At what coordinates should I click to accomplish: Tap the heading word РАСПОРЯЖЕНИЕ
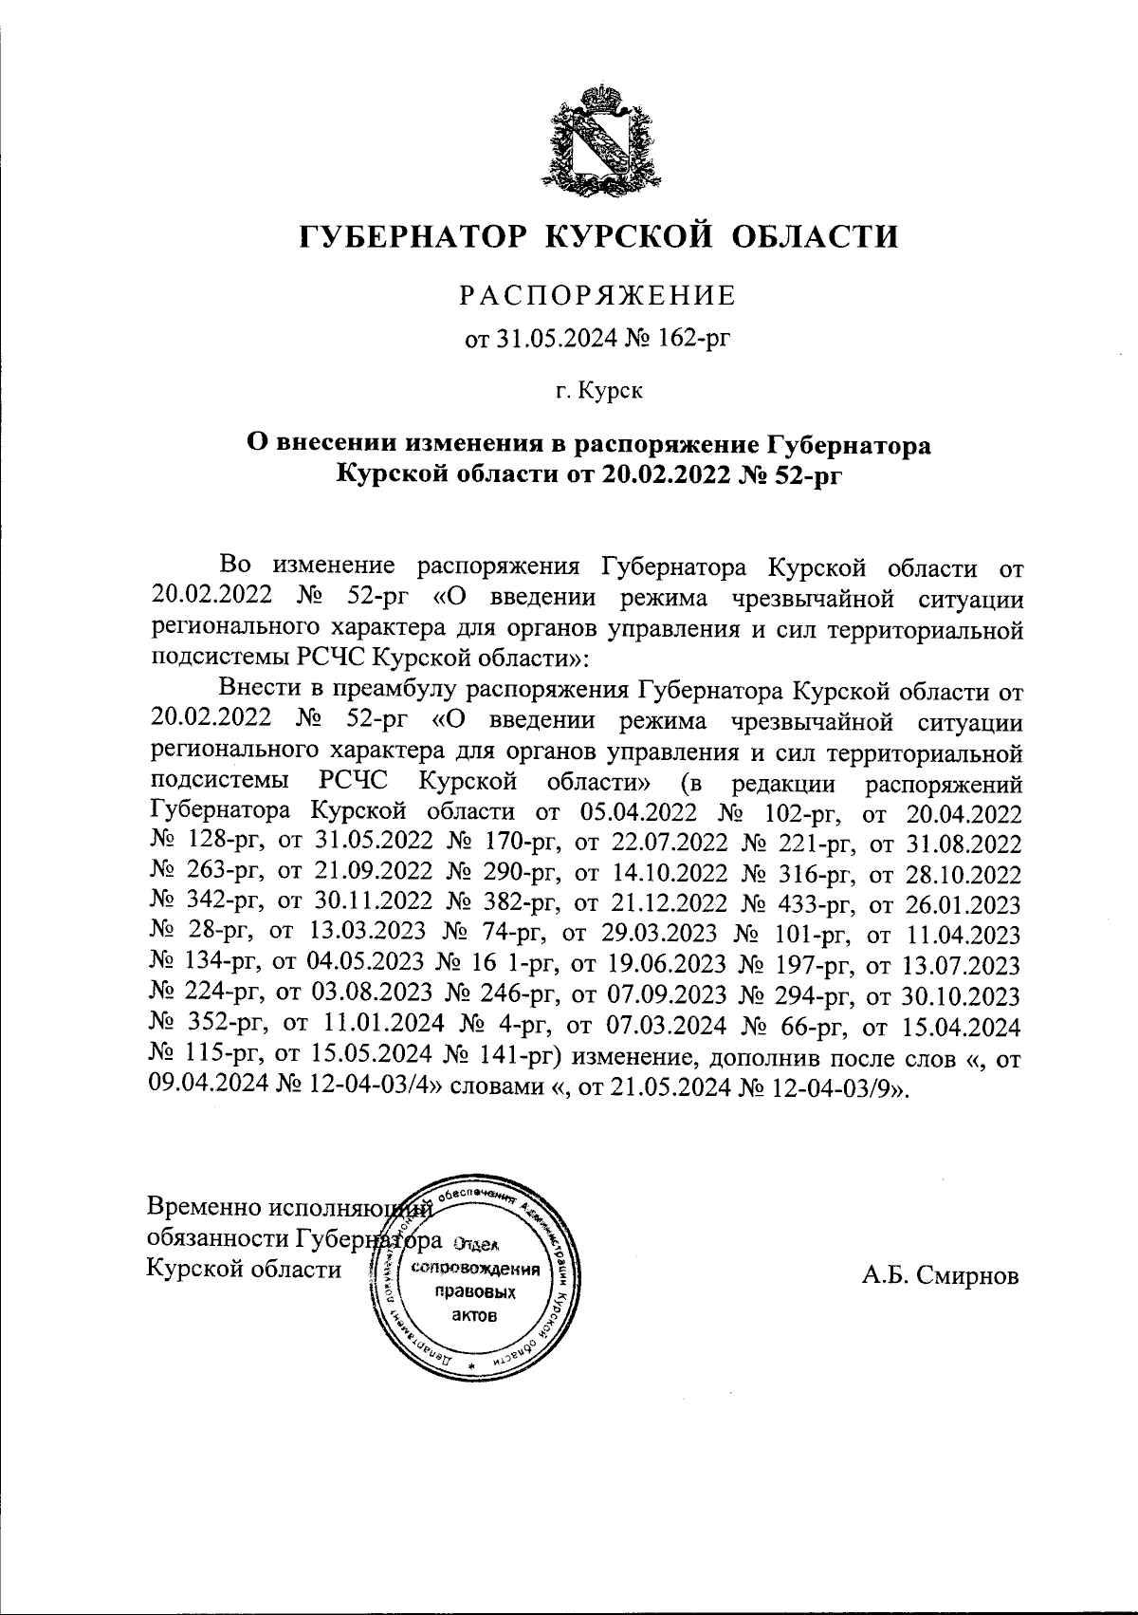pyautogui.click(x=598, y=297)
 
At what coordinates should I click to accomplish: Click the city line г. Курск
pyautogui.click(x=598, y=390)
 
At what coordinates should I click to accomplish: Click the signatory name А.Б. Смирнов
pyautogui.click(x=940, y=1276)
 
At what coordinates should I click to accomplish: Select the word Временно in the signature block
pyautogui.click(x=203, y=1209)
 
